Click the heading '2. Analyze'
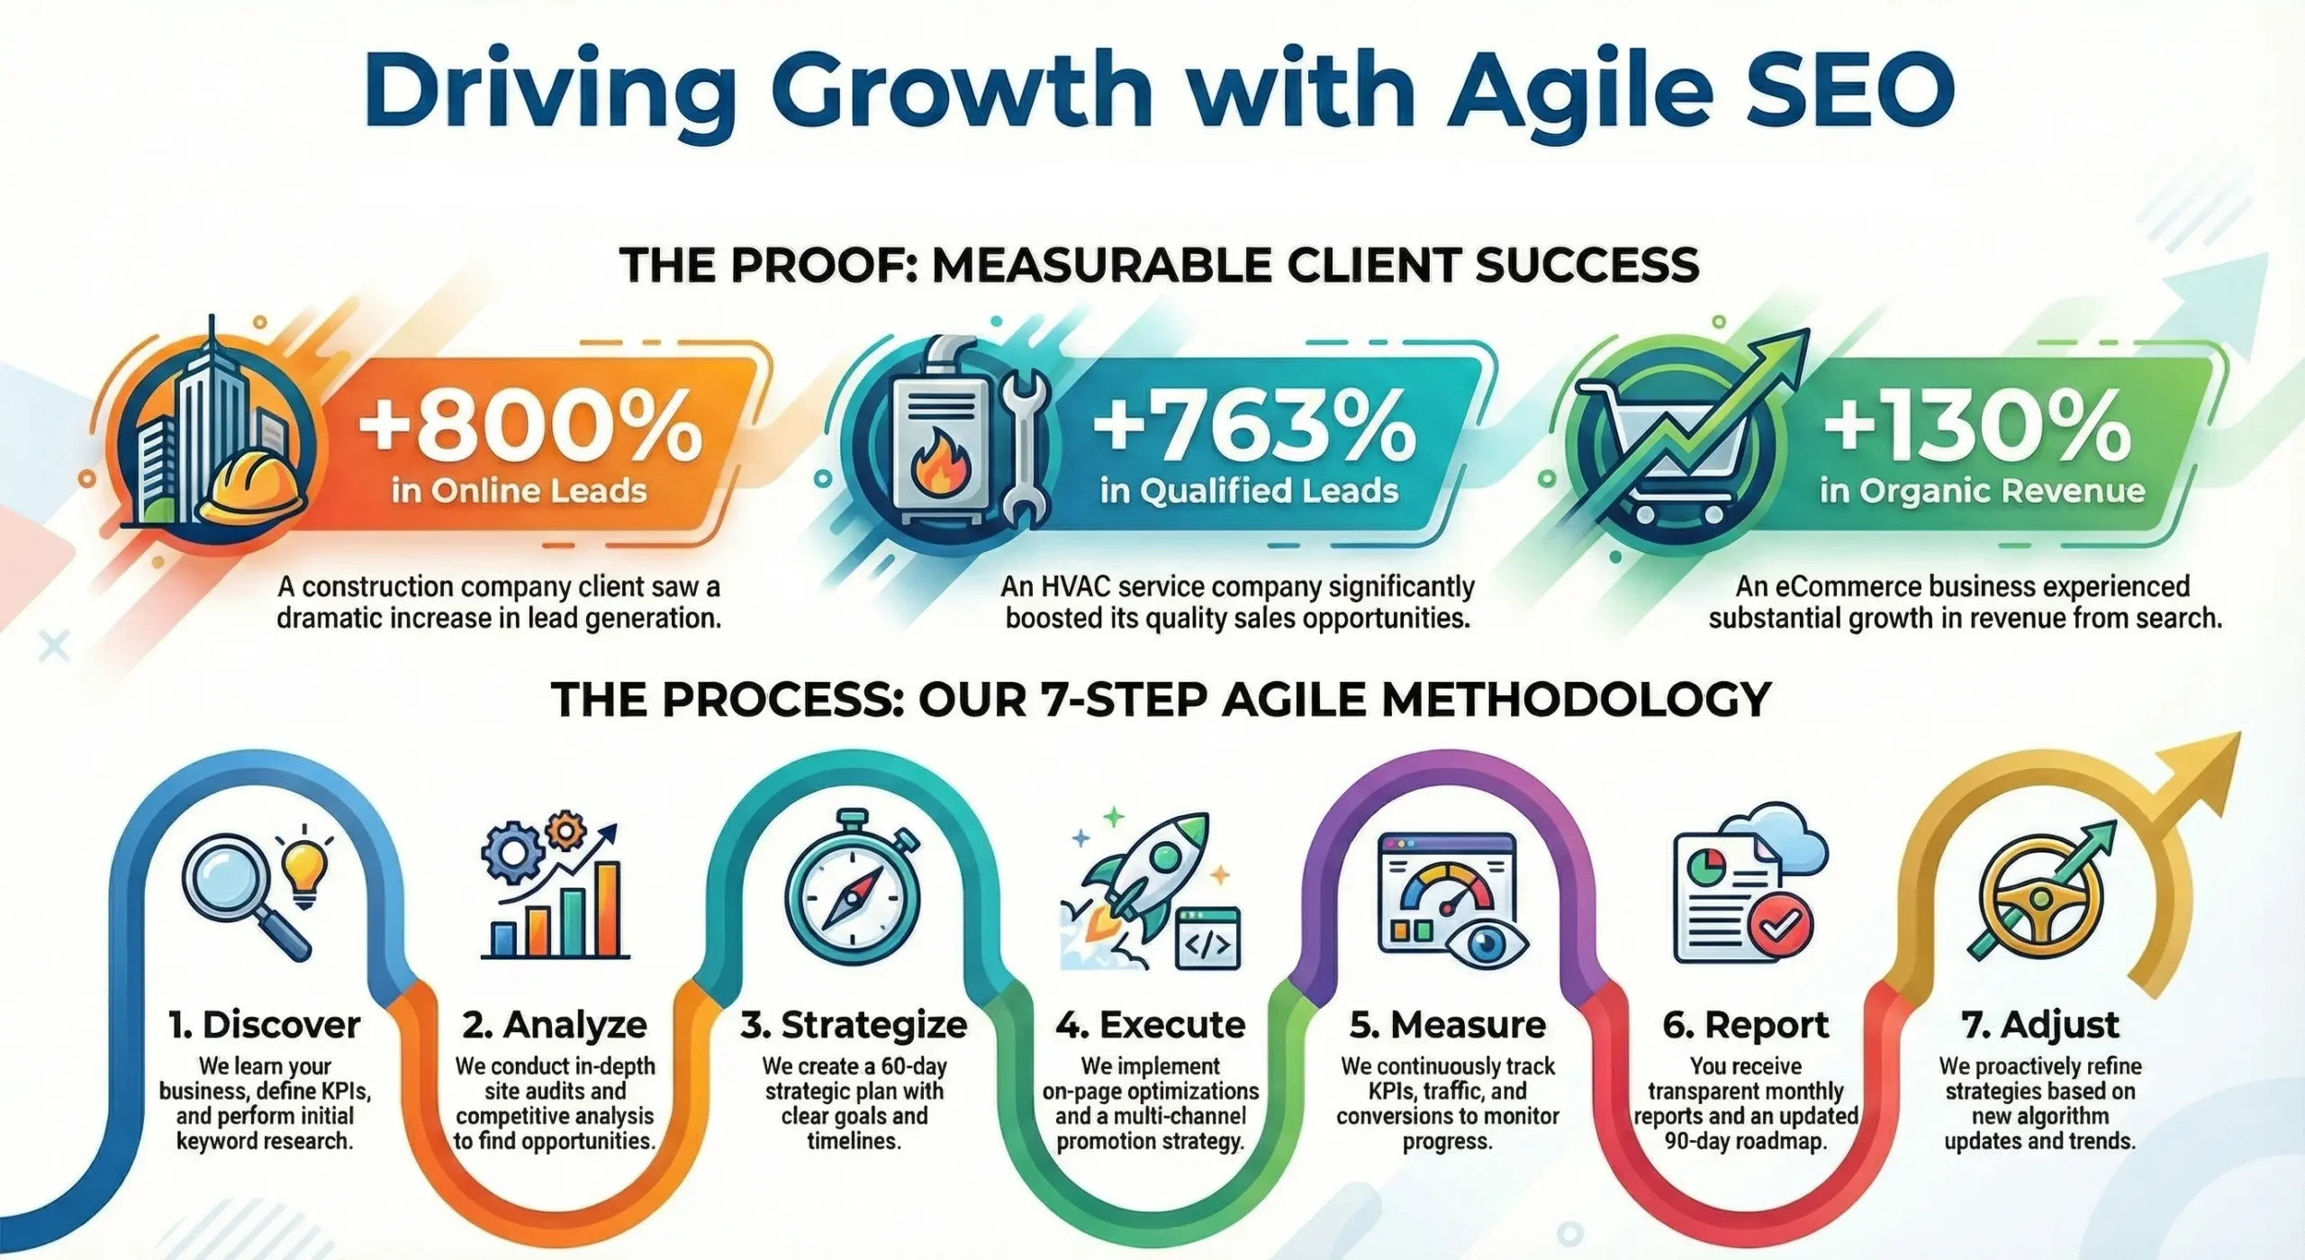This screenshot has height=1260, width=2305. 555,1025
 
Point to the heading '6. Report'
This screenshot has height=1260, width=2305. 1746,1025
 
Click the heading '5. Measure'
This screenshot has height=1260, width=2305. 1448,1025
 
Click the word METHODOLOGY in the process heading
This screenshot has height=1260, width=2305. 1576,700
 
